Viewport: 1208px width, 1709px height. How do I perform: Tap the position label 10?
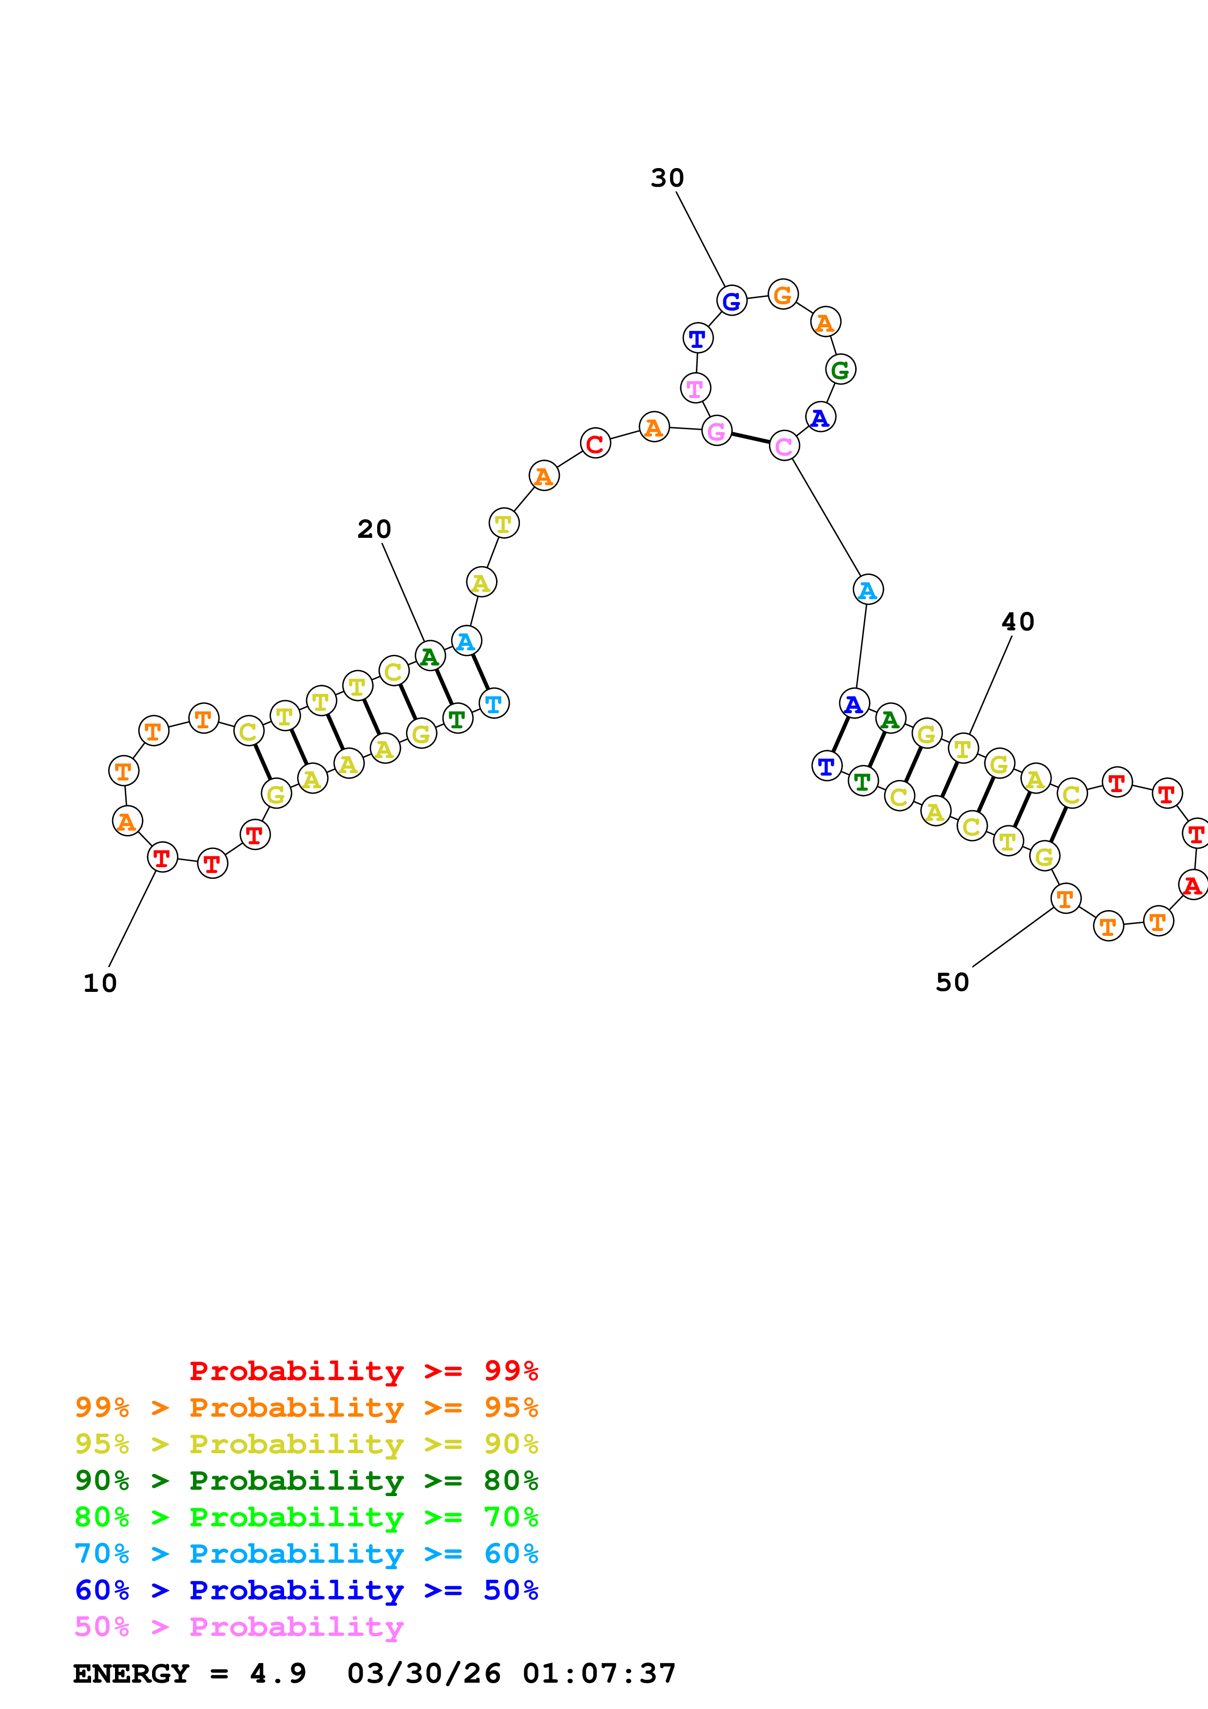point(100,983)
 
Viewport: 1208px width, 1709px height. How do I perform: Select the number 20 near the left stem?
point(374,529)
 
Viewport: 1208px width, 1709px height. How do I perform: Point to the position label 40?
point(1017,622)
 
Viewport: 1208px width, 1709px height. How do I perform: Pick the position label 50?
point(952,983)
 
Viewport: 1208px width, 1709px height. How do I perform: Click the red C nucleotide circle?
point(594,444)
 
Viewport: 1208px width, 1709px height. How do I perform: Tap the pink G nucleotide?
point(716,431)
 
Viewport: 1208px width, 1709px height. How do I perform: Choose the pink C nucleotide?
point(784,446)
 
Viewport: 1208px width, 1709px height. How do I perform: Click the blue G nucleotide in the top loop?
point(731,301)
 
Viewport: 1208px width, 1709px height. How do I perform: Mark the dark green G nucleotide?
point(840,369)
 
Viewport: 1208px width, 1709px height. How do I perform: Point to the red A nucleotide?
point(1192,886)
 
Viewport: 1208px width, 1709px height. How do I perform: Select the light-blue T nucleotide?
point(494,703)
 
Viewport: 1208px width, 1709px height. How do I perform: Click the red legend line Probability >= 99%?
point(363,1371)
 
